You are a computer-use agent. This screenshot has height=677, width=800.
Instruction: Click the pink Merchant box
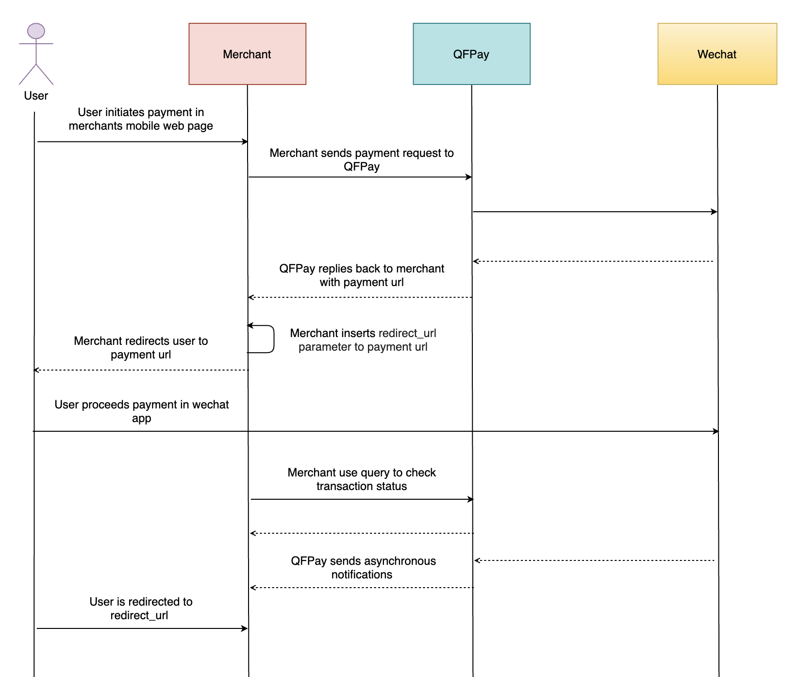(247, 54)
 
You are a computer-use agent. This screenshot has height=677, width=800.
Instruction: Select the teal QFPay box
(471, 54)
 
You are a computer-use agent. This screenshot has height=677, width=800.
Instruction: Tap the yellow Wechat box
(717, 54)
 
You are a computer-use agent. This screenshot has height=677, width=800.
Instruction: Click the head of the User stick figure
(36, 31)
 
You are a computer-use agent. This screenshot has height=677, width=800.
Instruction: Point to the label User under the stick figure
(36, 96)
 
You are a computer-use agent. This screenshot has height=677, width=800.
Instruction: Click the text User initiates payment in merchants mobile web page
(141, 119)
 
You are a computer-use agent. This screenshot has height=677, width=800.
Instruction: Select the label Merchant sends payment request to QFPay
(361, 160)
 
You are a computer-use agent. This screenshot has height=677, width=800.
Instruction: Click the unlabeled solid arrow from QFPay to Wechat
(595, 212)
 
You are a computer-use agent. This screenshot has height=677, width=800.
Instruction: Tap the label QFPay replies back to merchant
(361, 275)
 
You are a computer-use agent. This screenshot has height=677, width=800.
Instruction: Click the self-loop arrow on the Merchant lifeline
(273, 338)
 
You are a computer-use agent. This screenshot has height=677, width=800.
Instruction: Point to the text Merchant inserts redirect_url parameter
(363, 340)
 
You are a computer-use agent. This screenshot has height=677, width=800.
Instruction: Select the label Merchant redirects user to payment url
(141, 348)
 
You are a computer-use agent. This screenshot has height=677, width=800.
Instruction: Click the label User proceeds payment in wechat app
(141, 411)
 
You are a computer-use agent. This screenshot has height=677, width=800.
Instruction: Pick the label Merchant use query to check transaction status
(361, 479)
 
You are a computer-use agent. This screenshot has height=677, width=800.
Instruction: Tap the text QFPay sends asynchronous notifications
(363, 568)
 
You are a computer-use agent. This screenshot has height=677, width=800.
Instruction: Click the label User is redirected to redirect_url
(141, 609)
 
